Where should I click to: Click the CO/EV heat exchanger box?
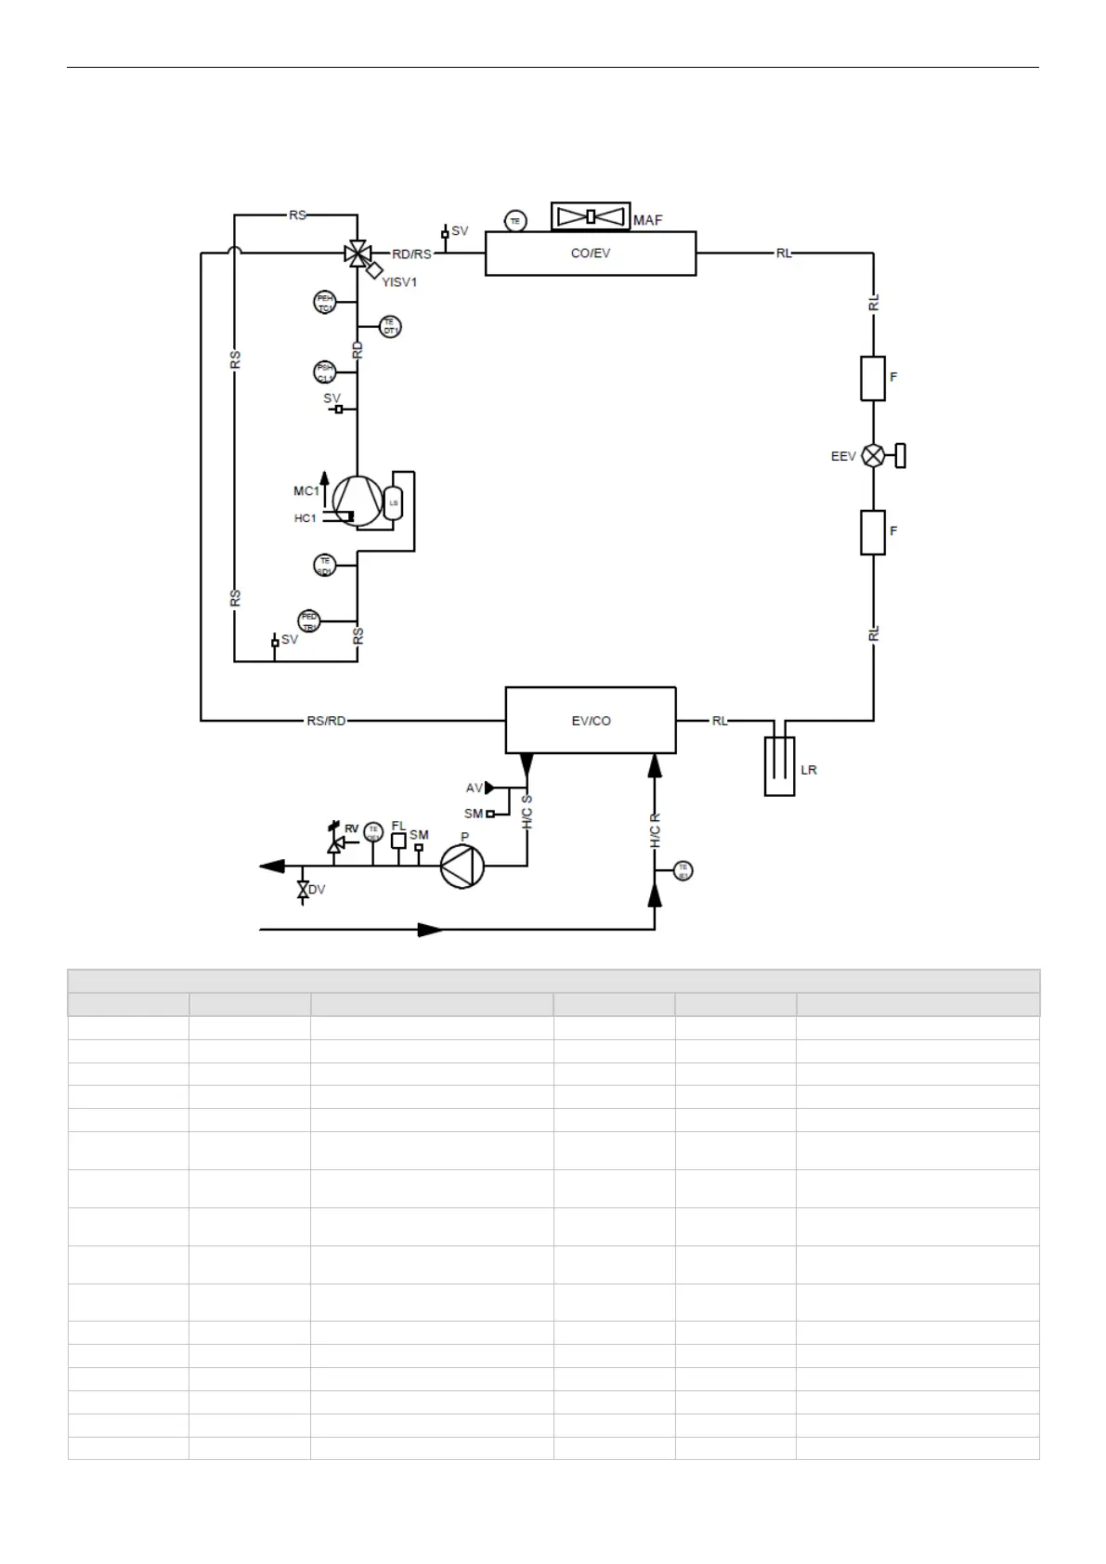[591, 254]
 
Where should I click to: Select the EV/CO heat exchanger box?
[591, 720]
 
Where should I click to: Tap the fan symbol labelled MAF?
[591, 216]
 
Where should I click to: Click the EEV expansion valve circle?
[873, 455]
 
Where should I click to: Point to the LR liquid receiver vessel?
[780, 766]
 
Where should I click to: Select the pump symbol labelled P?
[462, 867]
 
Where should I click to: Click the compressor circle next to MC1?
[357, 502]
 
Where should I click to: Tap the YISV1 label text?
[399, 282]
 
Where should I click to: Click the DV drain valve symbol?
[303, 889]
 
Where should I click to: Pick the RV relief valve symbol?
[336, 843]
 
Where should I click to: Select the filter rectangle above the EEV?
[873, 378]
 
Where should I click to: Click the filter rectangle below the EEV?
[873, 532]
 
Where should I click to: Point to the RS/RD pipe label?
[326, 721]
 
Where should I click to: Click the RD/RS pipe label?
[411, 254]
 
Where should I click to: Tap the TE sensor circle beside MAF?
[515, 221]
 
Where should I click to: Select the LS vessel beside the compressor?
[394, 502]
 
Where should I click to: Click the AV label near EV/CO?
[474, 789]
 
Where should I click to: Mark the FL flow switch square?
[399, 841]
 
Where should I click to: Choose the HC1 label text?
[306, 518]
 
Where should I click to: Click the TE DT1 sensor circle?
[390, 327]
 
